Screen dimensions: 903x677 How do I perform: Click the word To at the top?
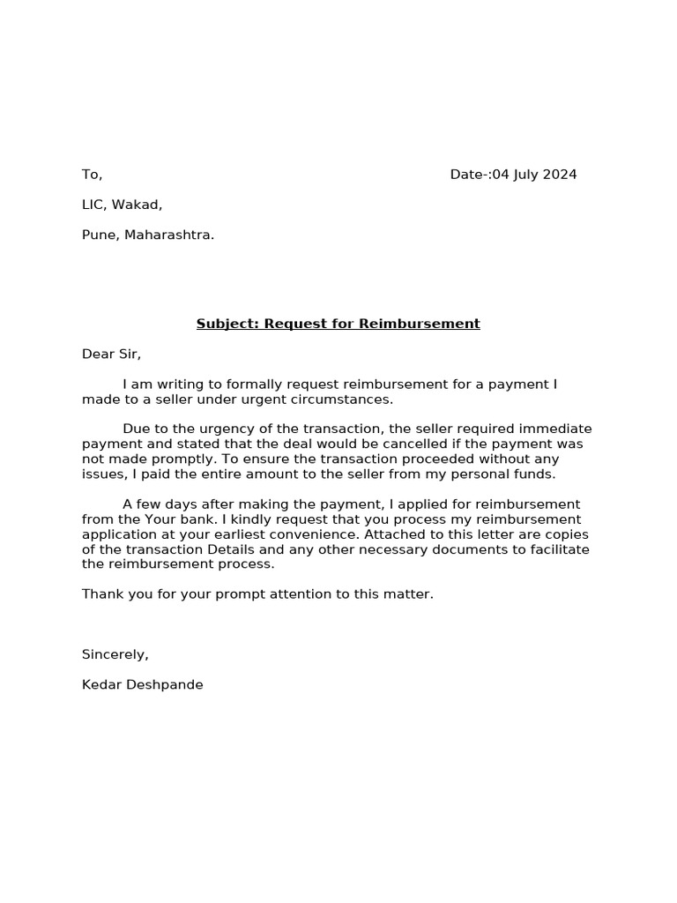(x=91, y=175)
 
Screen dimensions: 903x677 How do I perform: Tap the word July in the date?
(x=526, y=175)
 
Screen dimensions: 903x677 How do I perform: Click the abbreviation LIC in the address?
(x=93, y=205)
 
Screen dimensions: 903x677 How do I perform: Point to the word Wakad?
(x=138, y=205)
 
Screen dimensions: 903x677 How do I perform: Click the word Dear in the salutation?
(x=98, y=354)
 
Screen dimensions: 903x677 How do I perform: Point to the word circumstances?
(x=347, y=399)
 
